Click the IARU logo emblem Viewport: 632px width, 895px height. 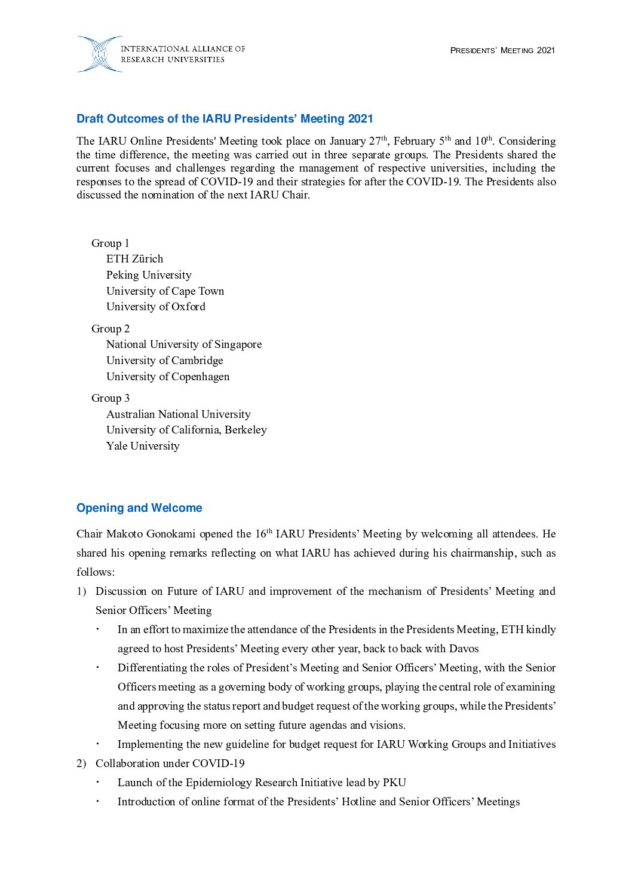coord(99,54)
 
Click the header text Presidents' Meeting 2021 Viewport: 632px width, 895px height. coord(502,51)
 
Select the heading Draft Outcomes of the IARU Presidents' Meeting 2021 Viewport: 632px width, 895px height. coord(225,119)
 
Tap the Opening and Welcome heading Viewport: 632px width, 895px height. coord(139,508)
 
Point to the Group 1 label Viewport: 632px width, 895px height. coord(110,243)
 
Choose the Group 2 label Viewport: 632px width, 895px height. coord(110,329)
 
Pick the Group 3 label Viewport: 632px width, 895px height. coord(110,398)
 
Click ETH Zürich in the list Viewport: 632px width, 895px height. coord(134,259)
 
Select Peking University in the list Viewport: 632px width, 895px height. coord(149,275)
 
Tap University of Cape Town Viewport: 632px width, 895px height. coord(165,291)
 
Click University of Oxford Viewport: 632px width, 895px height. coord(155,307)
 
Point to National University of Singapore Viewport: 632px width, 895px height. coord(183,344)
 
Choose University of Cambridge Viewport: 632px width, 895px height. coord(164,361)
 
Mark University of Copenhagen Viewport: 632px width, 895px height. coord(167,377)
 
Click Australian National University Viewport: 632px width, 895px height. coord(178,414)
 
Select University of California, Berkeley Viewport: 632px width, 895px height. coord(186,430)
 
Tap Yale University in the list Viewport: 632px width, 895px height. coord(143,446)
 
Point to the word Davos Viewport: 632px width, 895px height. coord(464,649)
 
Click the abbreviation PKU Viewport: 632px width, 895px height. coord(394,783)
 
